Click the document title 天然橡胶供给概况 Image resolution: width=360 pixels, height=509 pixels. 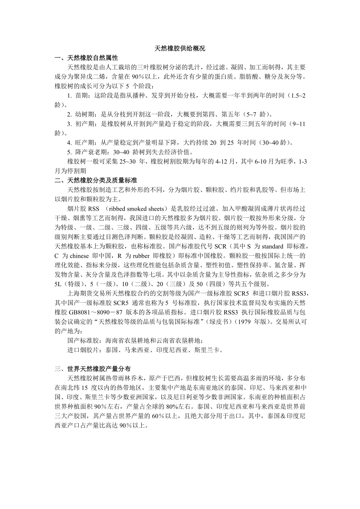[180, 49]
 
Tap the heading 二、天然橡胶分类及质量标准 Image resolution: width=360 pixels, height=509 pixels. [96, 180]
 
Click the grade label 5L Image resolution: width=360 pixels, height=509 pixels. [59, 283]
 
